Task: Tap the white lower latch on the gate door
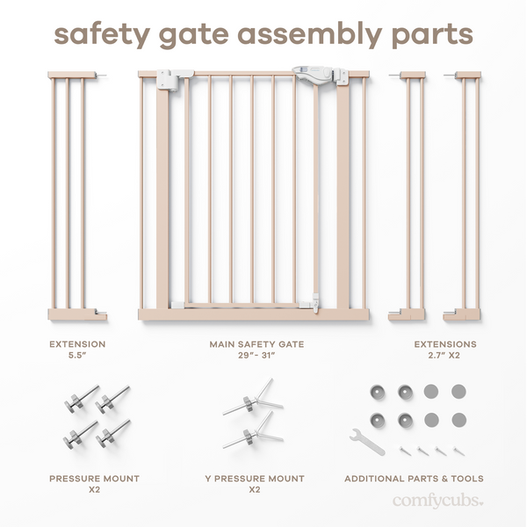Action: [x=310, y=301]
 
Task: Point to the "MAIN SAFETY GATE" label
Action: [x=256, y=344]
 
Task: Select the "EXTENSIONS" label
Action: [x=445, y=344]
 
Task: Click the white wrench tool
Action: [x=366, y=441]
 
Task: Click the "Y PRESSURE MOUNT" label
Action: [x=256, y=479]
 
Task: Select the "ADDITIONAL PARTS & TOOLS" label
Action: [x=414, y=479]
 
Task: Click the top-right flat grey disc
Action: [x=458, y=389]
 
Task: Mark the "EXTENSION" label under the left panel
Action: [x=77, y=344]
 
